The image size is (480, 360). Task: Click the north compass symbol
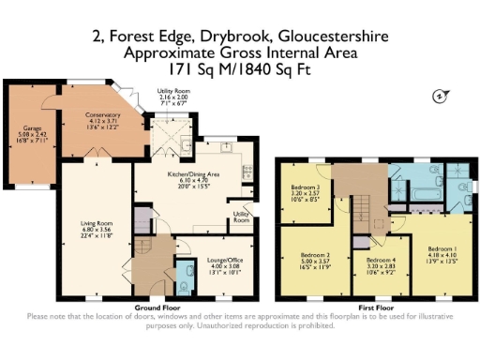[437, 96]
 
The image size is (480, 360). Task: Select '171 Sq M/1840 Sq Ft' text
[238, 68]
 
